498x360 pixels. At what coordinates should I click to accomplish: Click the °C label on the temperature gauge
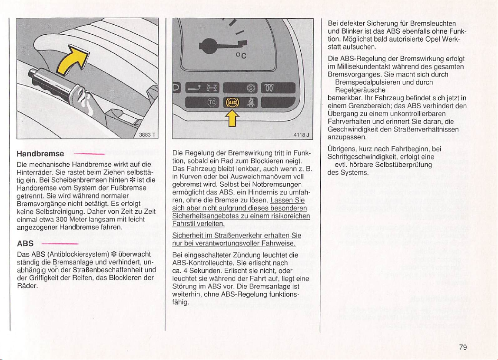point(242,55)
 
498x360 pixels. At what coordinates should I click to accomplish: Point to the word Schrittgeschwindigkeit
point(366,157)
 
